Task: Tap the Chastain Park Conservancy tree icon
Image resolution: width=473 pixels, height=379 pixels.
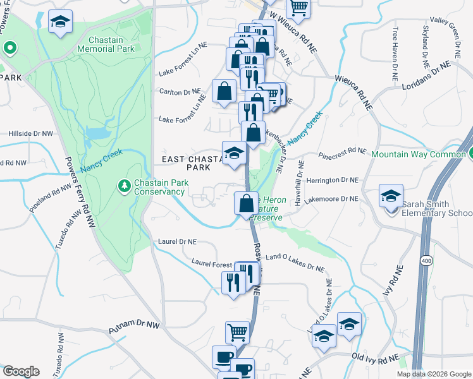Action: [124, 185]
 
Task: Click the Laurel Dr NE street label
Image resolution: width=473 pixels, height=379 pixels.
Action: [180, 241]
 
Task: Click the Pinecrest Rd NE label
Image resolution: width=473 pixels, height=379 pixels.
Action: [343, 152]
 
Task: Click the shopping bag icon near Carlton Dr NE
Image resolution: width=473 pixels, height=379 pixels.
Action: [224, 92]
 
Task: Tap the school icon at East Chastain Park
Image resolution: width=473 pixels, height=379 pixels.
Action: [234, 153]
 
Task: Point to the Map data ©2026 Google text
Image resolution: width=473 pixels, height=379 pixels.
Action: [434, 374]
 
